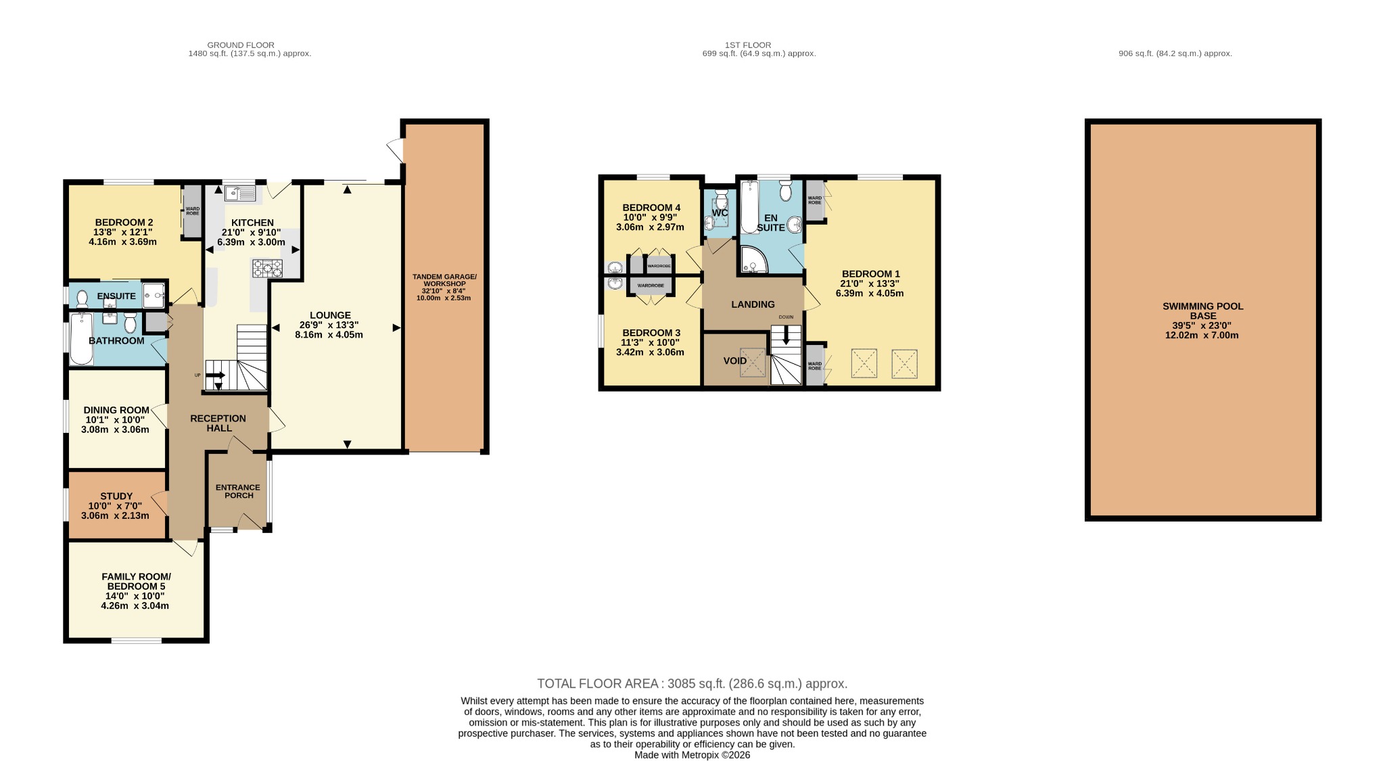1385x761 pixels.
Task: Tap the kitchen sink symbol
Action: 240,194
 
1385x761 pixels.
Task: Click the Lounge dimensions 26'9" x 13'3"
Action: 330,325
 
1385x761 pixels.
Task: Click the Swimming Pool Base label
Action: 1202,311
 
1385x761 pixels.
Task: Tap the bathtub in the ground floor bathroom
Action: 82,338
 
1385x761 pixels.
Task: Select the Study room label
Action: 116,497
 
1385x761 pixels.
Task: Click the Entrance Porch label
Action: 238,491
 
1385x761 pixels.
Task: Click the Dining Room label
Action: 116,410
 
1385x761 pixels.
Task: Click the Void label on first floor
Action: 735,361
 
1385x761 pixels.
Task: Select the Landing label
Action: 753,304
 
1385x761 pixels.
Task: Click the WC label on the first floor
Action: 720,213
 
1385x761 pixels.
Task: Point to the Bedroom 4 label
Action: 651,208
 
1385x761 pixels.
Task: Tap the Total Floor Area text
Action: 692,684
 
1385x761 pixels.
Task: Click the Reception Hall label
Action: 218,423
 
